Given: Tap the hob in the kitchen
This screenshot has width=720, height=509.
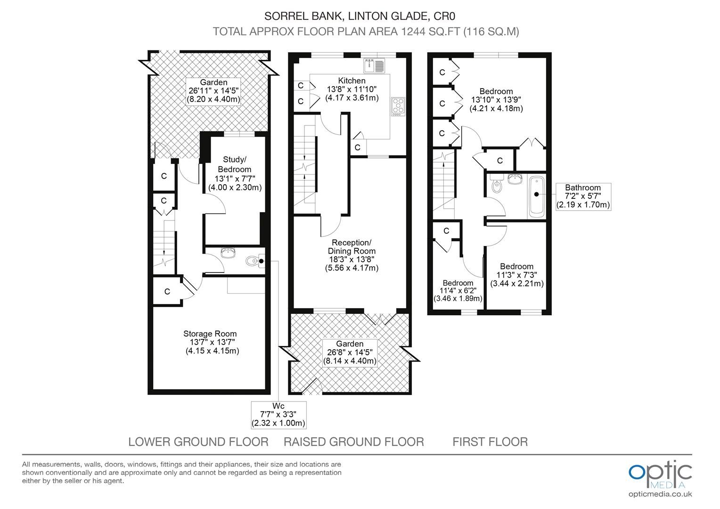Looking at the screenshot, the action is [398, 107].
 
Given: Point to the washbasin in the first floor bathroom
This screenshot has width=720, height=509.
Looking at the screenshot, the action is [515, 179].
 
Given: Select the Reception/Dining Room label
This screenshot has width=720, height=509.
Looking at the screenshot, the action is [352, 255].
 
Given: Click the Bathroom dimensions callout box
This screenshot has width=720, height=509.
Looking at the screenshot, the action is [583, 197].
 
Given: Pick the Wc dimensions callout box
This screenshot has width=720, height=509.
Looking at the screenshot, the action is [278, 415].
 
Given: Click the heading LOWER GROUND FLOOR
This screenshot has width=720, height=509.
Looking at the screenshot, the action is [198, 442].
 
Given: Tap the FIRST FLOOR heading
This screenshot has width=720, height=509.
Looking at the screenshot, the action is [490, 442].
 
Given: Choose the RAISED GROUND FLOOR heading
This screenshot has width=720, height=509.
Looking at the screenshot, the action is [354, 442].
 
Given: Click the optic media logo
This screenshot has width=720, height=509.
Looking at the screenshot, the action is [660, 475].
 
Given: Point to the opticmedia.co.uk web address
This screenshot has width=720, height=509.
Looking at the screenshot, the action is [660, 494].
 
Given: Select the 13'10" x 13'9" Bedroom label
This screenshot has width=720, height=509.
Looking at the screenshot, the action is [496, 99].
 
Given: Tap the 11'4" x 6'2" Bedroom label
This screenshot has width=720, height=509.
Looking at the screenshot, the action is [458, 291].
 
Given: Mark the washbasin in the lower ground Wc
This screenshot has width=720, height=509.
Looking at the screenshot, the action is [229, 253].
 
